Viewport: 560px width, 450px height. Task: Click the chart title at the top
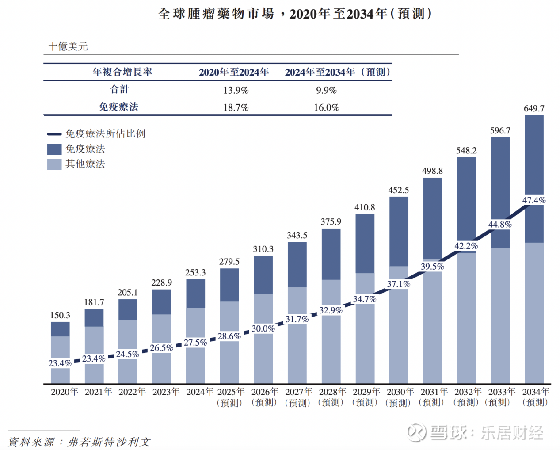295,14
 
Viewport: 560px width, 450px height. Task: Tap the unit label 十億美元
68,46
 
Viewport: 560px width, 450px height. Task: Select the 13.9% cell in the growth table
236,91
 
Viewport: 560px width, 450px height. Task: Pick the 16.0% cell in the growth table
326,108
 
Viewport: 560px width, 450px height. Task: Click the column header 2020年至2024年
234,72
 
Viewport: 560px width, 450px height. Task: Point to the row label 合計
119,90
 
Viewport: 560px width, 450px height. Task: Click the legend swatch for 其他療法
54,164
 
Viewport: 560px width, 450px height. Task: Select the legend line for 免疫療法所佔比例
54,134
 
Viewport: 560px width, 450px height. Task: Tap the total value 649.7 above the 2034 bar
534,109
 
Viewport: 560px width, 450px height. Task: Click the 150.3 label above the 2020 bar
60,315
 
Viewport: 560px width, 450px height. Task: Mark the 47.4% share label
534,201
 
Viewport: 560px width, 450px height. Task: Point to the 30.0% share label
263,329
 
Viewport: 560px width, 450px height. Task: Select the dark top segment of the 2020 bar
60,329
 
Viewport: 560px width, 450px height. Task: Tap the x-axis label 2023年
166,392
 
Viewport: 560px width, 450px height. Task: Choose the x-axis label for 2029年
366,392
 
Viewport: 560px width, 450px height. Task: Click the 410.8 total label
365,207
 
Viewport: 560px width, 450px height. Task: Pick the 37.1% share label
399,284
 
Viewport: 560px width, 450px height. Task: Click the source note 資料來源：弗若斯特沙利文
80,442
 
